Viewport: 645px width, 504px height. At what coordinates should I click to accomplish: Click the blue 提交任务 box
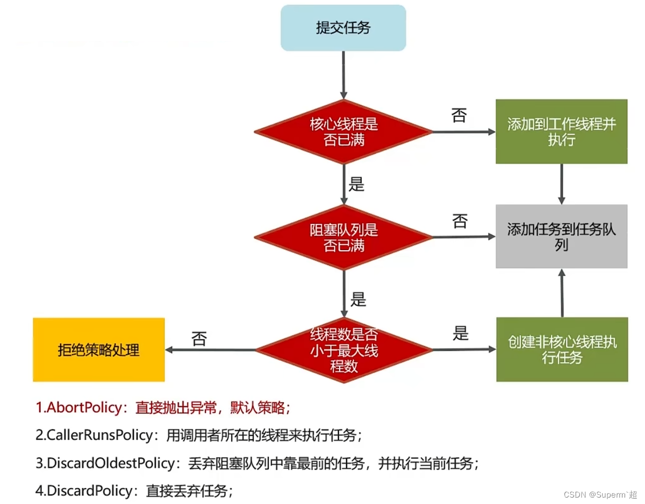point(343,28)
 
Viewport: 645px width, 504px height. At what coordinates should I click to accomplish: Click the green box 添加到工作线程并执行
point(561,132)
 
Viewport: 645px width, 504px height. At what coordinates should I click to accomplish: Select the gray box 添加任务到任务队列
point(561,236)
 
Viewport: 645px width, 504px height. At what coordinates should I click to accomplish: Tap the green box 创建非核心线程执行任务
point(562,349)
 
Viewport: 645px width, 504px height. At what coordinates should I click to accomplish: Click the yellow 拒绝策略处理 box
point(99,350)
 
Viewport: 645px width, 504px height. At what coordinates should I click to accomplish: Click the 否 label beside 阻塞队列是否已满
point(460,221)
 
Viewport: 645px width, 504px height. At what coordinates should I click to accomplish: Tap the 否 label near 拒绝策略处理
point(199,339)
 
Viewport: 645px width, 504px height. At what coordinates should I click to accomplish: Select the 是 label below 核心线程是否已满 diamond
point(357,185)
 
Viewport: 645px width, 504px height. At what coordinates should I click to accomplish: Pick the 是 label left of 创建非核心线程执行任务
point(461,334)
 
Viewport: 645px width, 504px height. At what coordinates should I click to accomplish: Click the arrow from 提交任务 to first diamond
point(343,75)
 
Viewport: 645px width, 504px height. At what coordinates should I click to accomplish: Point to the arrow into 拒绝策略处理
point(210,350)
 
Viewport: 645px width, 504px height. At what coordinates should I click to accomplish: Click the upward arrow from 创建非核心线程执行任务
point(562,293)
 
